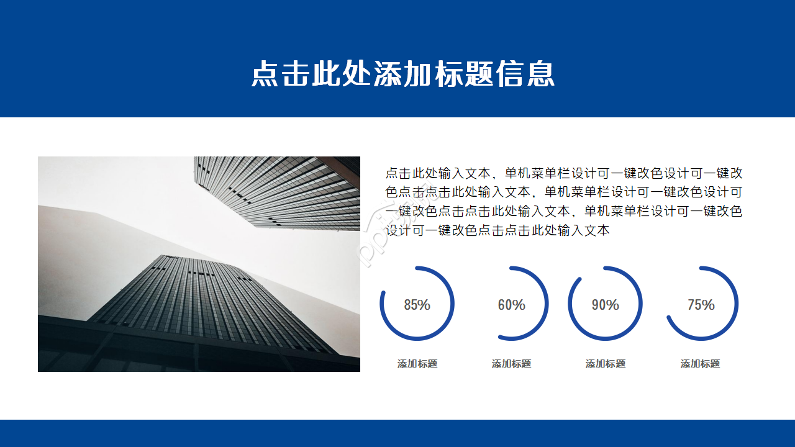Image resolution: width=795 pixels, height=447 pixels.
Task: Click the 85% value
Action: pyautogui.click(x=417, y=305)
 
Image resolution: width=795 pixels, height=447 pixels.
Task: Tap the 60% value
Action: pyautogui.click(x=511, y=305)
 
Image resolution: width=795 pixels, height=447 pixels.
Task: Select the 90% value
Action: pyautogui.click(x=605, y=305)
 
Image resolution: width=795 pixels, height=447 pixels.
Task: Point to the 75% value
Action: pyautogui.click(x=701, y=305)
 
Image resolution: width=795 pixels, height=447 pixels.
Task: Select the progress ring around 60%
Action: pyautogui.click(x=547, y=304)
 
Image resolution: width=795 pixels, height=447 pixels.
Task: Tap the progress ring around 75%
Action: pyautogui.click(x=736, y=304)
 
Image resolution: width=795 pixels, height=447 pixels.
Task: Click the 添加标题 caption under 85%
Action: pyautogui.click(x=417, y=364)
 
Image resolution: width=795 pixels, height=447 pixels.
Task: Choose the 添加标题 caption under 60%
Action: pyautogui.click(x=511, y=364)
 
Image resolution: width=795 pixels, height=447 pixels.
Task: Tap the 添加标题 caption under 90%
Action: pyautogui.click(x=605, y=364)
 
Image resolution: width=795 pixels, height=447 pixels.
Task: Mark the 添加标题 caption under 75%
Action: pyautogui.click(x=700, y=364)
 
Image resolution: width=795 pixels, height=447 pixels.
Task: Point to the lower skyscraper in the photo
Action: pyautogui.click(x=205, y=298)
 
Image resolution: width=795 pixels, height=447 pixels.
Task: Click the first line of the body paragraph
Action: pyautogui.click(x=563, y=173)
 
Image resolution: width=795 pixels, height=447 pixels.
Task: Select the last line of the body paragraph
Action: pyautogui.click(x=497, y=230)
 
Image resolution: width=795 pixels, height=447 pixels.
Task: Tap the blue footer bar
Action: pyautogui.click(x=397, y=433)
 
